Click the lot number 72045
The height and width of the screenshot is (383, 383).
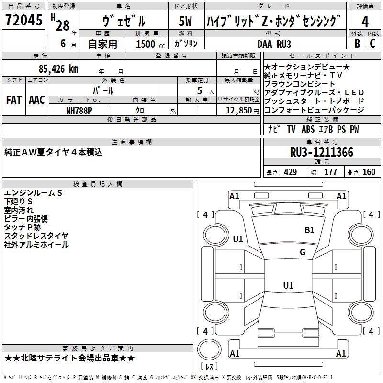[23, 20]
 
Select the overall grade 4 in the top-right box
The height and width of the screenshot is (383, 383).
[365, 22]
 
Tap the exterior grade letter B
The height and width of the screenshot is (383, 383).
[357, 44]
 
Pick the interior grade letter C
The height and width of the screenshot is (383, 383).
[372, 44]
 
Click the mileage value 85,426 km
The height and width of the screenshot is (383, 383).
[58, 69]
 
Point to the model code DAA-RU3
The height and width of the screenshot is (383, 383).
[274, 44]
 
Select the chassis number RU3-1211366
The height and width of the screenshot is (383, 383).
[322, 152]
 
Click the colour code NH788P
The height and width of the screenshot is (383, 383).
[79, 111]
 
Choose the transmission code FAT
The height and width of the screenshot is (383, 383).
[14, 100]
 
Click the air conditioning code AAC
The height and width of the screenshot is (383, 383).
[37, 100]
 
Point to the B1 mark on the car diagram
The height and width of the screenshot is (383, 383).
[309, 230]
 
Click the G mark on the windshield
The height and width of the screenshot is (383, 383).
[303, 252]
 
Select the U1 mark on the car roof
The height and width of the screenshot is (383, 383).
[288, 285]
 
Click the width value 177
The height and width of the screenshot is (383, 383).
[330, 172]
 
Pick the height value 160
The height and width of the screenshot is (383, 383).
[369, 172]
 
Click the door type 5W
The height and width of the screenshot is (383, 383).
[185, 21]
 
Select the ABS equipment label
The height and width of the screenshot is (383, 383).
[308, 129]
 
